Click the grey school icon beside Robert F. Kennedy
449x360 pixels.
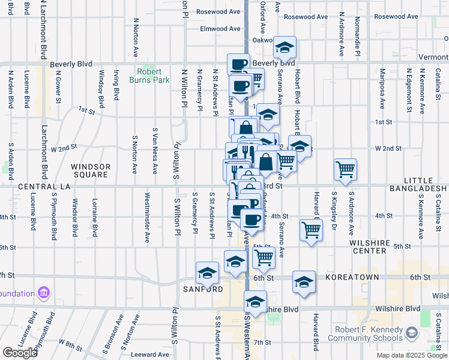coord(412,332)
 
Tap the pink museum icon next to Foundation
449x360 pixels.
coord(43,293)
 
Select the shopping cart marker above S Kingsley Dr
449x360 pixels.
coord(345,170)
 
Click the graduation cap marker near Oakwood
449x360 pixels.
coord(285,47)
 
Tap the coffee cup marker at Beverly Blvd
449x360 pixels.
coord(238,64)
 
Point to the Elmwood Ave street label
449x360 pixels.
coord(220,29)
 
